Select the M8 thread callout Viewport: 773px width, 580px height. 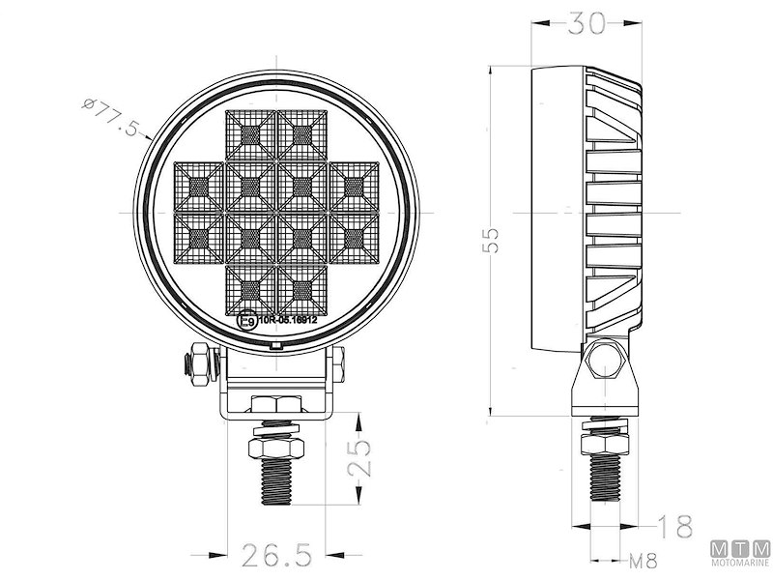[x=645, y=560]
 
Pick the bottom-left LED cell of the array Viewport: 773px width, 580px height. [x=250, y=288]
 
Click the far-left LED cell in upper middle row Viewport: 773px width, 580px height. [x=198, y=186]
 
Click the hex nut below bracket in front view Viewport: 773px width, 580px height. [x=276, y=450]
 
